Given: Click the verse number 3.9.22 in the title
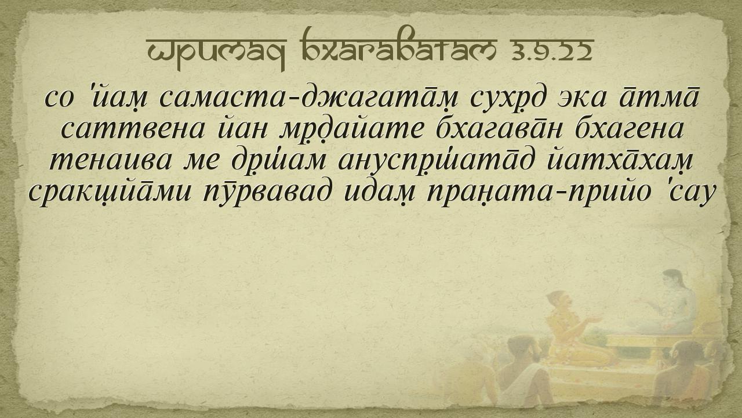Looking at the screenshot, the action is pyautogui.click(x=551, y=52).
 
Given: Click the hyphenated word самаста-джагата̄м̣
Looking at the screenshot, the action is pyautogui.click(x=304, y=98).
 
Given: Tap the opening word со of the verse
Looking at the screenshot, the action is pyautogui.click(x=59, y=98).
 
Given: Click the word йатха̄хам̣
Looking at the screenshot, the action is pyautogui.click(x=620, y=161).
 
